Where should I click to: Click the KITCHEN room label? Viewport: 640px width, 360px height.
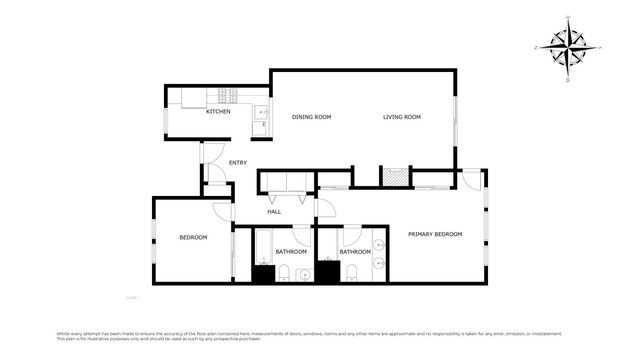[x=218, y=111]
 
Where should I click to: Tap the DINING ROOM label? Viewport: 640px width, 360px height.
[x=311, y=117]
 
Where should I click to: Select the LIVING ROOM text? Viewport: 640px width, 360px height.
[x=402, y=117]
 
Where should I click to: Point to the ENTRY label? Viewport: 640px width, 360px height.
[x=238, y=163]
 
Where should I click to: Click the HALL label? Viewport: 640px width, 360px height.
[x=274, y=211]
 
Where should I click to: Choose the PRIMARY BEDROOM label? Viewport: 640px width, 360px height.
[x=435, y=234]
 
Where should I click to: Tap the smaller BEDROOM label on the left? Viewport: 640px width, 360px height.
[x=193, y=237]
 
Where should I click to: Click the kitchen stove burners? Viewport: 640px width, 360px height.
[x=227, y=97]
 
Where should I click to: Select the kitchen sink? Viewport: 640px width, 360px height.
[x=259, y=114]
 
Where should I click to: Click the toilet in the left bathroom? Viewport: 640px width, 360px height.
[x=285, y=273]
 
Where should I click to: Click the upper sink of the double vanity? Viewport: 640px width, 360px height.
[x=379, y=245]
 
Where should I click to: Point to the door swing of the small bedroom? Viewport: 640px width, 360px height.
[x=222, y=211]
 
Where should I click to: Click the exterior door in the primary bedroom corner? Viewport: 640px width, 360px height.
[x=471, y=181]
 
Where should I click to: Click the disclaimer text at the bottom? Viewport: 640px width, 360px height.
[x=320, y=336]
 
